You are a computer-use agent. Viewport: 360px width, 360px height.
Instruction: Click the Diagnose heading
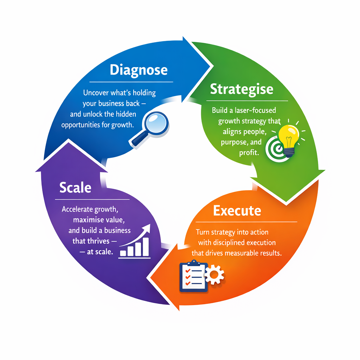point(139,70)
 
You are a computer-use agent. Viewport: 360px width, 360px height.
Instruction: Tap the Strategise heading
point(242,89)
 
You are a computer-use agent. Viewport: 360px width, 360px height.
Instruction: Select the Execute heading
point(237,211)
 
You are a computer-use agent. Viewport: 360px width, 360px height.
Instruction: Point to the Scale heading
point(75,187)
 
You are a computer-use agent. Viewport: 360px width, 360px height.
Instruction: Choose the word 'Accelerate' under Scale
point(77,210)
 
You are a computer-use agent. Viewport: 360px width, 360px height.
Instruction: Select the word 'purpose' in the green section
point(234,143)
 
